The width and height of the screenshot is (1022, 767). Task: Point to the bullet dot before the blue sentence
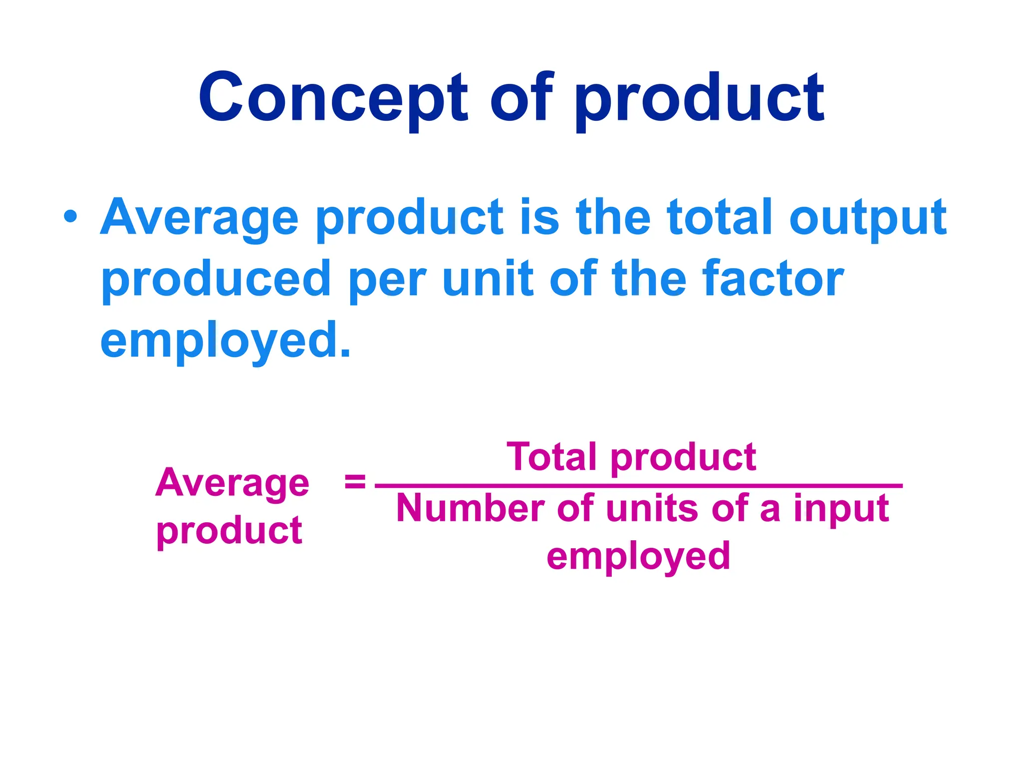70,217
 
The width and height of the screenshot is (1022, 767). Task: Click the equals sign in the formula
355,482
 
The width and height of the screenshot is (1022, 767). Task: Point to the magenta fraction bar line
639,485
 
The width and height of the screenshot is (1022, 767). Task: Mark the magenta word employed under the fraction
638,557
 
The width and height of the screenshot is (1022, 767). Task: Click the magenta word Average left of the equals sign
232,483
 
